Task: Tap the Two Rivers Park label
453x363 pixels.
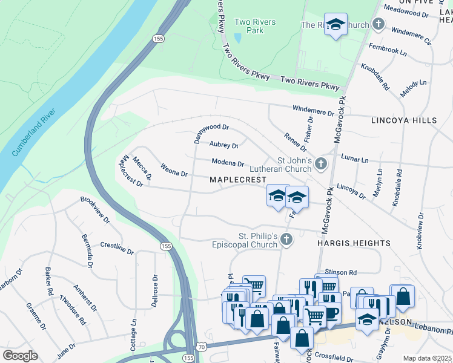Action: pos(255,27)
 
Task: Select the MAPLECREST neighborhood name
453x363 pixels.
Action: pos(238,180)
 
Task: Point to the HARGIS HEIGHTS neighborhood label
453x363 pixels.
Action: pos(354,243)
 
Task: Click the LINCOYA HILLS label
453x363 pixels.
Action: pos(404,120)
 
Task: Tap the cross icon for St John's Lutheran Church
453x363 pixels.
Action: pos(321,163)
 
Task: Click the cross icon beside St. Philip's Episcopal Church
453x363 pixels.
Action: pos(286,240)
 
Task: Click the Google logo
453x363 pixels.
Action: pos(20,355)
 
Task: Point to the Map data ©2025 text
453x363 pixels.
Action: pos(426,358)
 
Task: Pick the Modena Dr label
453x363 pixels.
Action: pos(227,163)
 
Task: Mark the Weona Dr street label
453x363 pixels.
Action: pos(174,169)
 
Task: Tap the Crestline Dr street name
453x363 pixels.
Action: pos(116,247)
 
